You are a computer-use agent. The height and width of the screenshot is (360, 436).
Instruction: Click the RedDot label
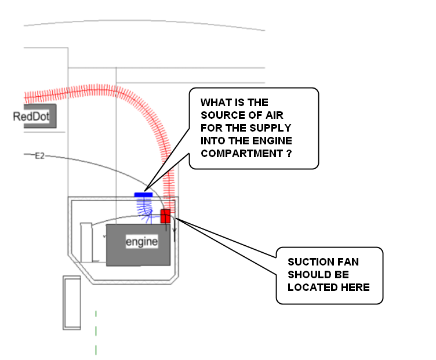point(31,116)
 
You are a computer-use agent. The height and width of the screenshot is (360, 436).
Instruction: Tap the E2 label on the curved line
point(39,156)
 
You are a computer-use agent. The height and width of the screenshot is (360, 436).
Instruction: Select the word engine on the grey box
point(142,242)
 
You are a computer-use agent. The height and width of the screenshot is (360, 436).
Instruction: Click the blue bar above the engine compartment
point(143,195)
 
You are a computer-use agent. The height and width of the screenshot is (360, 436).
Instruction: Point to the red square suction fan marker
point(165,216)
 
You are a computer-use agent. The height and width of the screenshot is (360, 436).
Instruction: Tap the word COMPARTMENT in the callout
point(242,154)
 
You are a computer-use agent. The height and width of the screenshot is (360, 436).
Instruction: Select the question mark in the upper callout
point(289,154)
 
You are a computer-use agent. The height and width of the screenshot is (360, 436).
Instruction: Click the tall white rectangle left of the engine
point(86,242)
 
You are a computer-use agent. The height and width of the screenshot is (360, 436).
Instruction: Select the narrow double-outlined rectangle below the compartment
point(72,303)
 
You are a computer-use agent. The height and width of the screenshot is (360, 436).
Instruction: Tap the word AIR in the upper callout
point(274,115)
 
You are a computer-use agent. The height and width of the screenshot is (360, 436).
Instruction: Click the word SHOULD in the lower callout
point(307,275)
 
